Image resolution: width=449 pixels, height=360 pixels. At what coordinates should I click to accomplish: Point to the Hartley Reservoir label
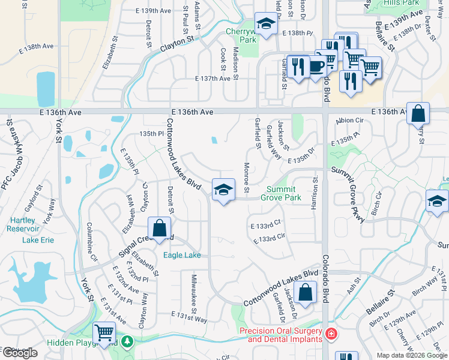coord(23,224)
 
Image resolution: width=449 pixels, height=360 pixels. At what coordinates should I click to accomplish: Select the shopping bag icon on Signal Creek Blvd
coord(159,228)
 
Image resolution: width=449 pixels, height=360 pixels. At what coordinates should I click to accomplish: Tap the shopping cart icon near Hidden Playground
coord(105,332)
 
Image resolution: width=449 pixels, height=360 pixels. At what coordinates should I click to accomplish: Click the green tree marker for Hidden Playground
coord(127,341)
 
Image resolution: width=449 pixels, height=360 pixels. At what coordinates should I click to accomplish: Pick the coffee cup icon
coord(316,65)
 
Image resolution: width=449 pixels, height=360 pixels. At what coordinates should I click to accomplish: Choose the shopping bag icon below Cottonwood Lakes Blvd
coord(306,293)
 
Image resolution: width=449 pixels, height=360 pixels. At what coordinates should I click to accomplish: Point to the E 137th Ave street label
coord(213,79)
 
